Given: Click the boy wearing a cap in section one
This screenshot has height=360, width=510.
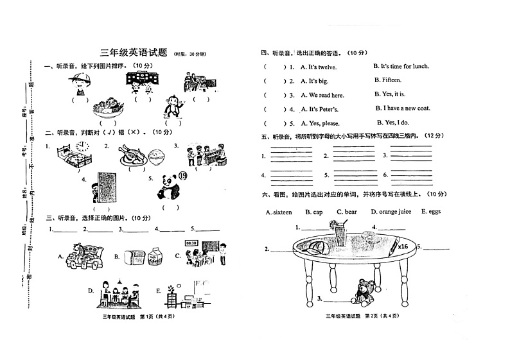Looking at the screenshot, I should point(80,83).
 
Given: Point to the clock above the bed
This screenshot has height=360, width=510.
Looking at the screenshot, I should point(81,147).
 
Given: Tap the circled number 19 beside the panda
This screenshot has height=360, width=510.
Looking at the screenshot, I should point(182,177).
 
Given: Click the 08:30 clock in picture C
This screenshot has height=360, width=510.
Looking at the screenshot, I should point(191,243).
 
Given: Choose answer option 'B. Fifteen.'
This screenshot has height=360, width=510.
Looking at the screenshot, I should point(387,80).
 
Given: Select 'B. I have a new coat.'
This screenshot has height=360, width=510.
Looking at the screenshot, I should point(403,108).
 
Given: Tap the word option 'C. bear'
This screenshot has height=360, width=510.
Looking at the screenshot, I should point(347,212).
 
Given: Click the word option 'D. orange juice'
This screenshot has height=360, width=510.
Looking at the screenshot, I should point(391,212).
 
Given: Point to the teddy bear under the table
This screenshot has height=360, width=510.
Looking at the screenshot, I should point(365,291).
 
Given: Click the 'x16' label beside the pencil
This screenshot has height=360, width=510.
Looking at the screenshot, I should point(403,246).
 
